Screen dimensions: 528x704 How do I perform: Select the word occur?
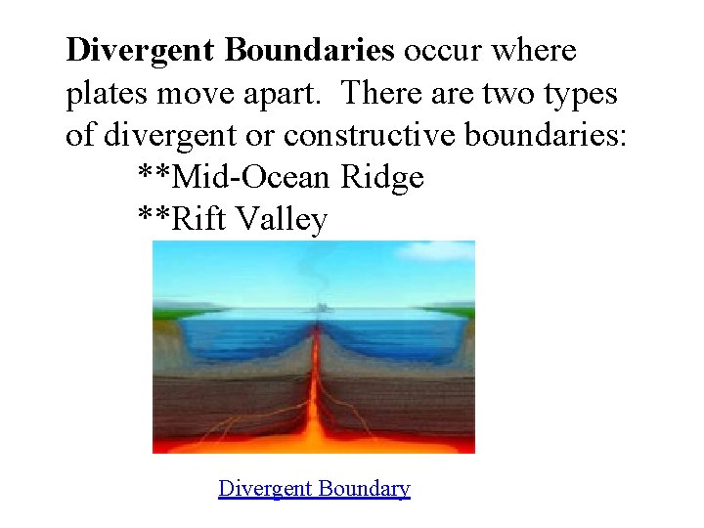pos(445,50)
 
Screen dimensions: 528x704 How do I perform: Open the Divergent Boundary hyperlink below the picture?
pos(314,488)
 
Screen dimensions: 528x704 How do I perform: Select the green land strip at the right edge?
pos(460,312)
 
